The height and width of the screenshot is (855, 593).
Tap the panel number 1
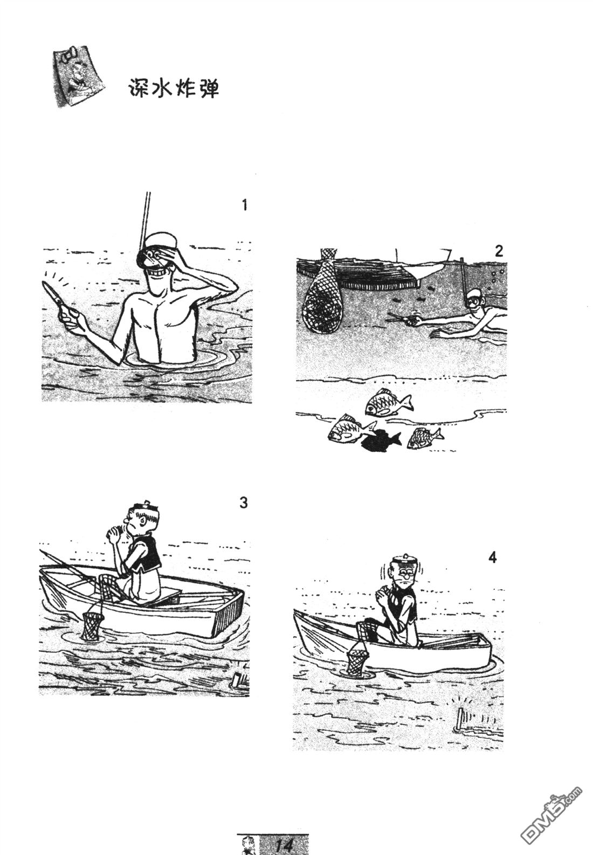tap(245, 205)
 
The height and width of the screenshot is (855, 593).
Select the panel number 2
tap(498, 251)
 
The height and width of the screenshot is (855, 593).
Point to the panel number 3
tap(244, 502)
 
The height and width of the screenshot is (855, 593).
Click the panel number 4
tap(492, 558)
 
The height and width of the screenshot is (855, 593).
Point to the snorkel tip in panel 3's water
tap(237, 679)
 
